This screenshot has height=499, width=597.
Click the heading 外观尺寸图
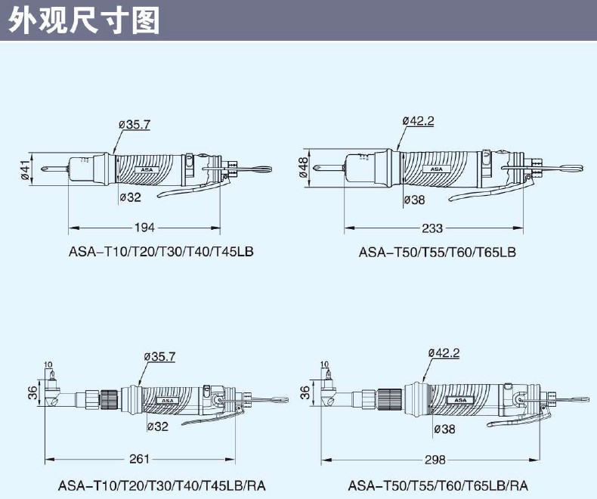84,20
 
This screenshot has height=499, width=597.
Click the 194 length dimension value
144,228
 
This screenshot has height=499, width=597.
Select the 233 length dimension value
432,228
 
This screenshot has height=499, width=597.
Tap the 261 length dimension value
139,459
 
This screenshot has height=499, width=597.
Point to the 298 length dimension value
435,460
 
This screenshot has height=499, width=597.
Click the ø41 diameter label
24,170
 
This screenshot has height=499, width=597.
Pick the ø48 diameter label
304,168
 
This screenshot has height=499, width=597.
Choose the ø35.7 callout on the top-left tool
135,125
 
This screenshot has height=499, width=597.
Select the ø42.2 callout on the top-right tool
419,121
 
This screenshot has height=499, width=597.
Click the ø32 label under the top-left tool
130,197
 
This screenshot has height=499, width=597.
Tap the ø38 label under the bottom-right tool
444,429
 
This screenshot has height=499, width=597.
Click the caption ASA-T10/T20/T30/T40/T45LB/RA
162,485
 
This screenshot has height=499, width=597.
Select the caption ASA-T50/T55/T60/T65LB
437,253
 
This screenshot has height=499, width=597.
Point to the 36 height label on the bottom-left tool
32,392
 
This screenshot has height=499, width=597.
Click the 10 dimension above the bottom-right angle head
324,364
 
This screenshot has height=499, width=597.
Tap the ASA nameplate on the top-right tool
437,169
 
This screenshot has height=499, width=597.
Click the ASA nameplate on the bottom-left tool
168,401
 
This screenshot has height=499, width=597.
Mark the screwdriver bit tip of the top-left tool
42,169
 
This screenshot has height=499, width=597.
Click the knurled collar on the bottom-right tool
390,398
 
